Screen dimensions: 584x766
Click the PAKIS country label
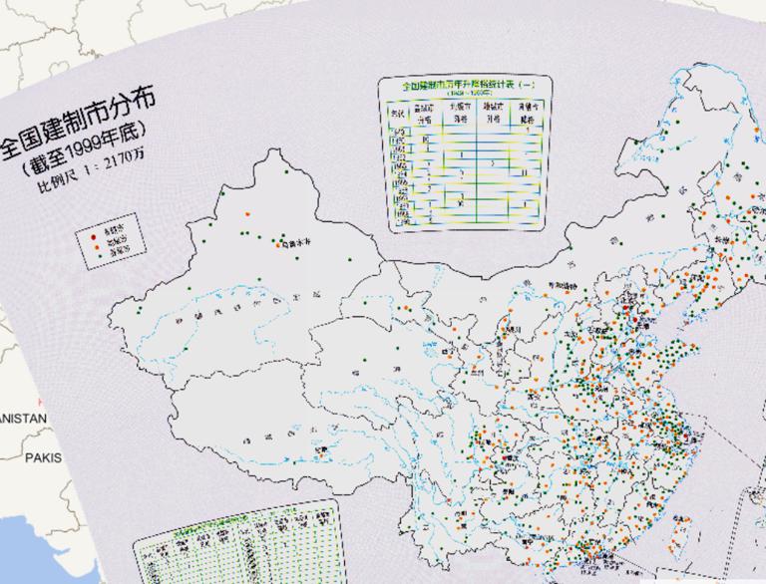(x=42, y=458)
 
